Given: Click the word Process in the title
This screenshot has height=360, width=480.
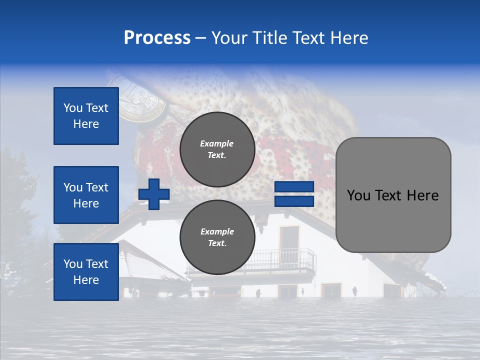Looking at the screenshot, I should click(157, 38).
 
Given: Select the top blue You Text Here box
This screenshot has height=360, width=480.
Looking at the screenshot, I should click(86, 116).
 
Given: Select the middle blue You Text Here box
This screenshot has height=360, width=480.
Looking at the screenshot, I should click(86, 195).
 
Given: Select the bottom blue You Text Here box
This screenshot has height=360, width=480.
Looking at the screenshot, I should click(86, 271).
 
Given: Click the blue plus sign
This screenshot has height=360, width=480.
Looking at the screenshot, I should click(154, 194).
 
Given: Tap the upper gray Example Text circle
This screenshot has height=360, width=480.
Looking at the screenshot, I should click(217, 149).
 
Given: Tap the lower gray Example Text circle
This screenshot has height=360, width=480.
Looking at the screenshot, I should click(217, 237).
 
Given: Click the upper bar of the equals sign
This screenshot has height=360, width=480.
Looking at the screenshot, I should click(294, 187).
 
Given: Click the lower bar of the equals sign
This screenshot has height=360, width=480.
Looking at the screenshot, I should click(294, 201).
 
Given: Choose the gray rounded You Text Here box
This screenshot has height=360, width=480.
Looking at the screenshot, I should click(393, 195).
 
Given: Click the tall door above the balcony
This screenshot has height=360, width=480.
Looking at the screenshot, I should click(289, 240).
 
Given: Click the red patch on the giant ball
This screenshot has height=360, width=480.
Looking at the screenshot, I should click(295, 155).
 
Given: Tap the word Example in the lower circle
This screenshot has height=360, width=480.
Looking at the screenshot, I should click(217, 231).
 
